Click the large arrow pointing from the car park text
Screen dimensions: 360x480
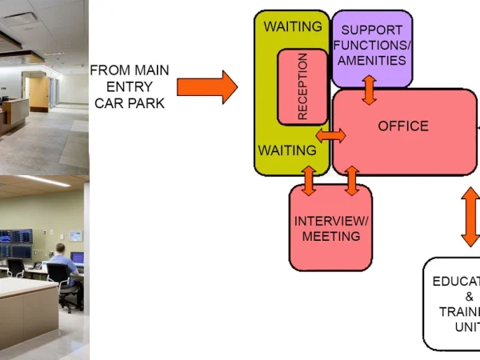(206, 86)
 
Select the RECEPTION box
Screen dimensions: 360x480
(302, 86)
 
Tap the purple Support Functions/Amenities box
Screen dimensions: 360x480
(372, 46)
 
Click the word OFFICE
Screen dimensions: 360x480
(403, 126)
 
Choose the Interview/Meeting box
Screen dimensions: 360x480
(331, 228)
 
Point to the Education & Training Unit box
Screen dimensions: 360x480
(452, 304)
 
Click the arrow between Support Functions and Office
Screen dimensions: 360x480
(370, 90)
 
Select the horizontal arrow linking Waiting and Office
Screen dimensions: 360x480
(330, 135)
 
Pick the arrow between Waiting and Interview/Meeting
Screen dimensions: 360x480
(309, 181)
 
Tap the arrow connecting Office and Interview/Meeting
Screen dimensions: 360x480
(351, 181)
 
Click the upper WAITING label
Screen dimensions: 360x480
(293, 26)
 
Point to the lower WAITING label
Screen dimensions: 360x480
(286, 150)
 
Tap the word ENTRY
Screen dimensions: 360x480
(130, 86)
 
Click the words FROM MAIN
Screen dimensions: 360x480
(130, 70)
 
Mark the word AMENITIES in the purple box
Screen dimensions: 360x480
(372, 60)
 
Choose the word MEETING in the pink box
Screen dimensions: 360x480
(331, 236)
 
